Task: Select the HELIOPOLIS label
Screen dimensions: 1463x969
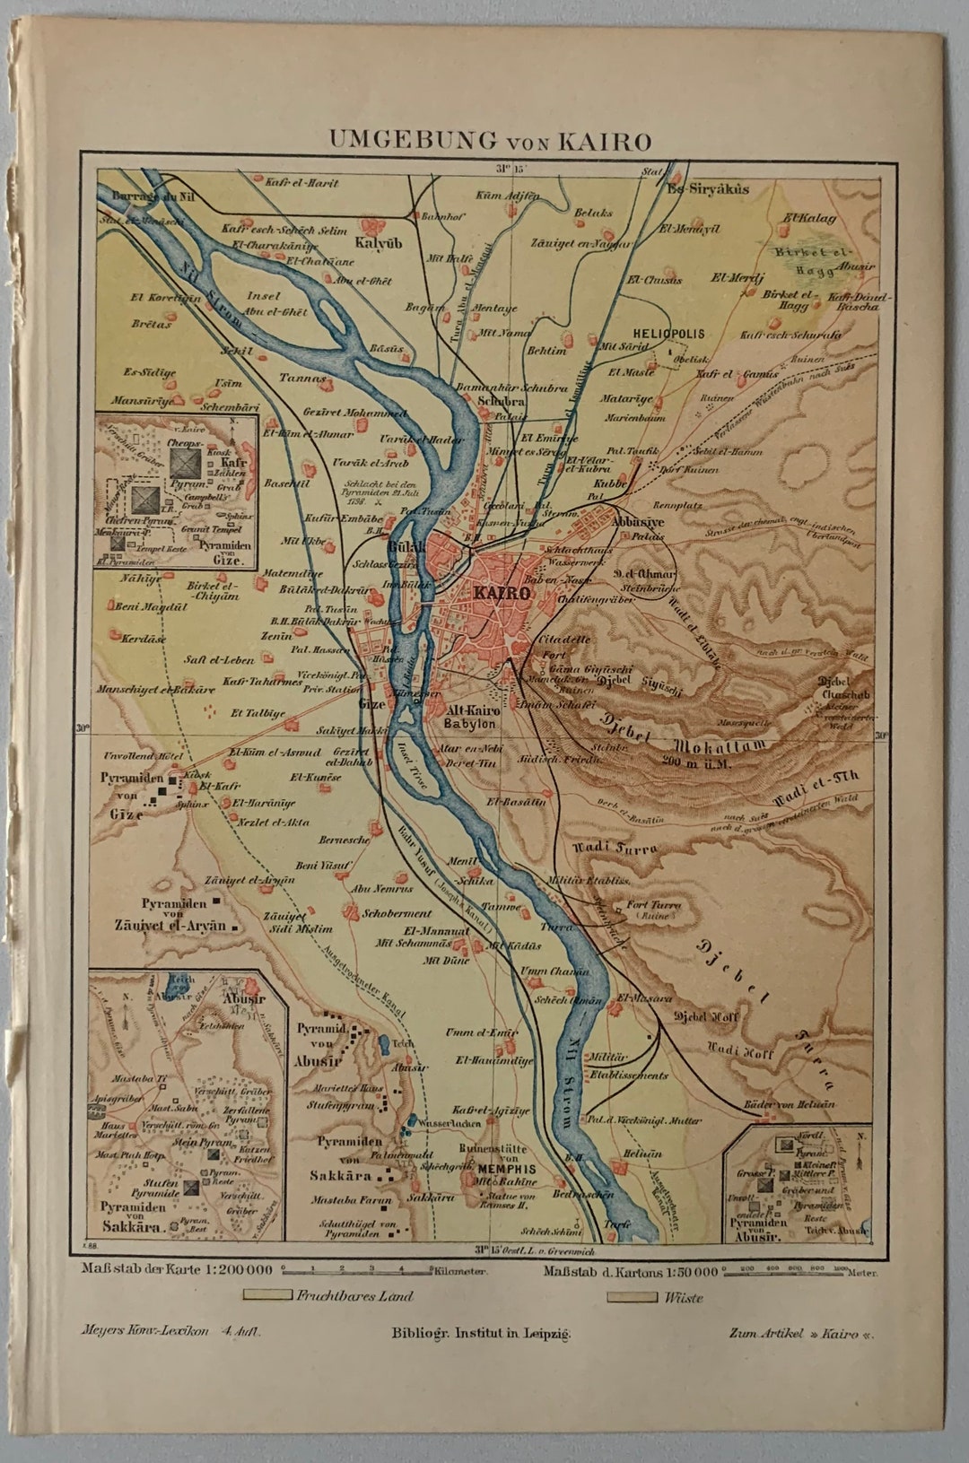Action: coord(668,333)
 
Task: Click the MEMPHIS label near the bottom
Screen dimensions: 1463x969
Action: coord(507,1169)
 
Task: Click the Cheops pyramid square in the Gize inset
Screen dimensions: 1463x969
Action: coord(186,460)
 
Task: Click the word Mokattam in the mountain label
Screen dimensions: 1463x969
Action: coord(722,745)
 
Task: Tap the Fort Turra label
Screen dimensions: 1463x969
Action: coord(654,905)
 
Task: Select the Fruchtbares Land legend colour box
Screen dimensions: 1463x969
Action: coord(268,1295)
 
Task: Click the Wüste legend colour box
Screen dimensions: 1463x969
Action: coord(632,1296)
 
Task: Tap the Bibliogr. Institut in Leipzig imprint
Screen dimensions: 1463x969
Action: coord(481,1333)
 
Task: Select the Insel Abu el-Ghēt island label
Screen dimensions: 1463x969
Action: coord(276,304)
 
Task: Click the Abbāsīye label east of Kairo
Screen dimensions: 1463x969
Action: coord(637,520)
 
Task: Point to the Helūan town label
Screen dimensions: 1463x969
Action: coord(643,1154)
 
